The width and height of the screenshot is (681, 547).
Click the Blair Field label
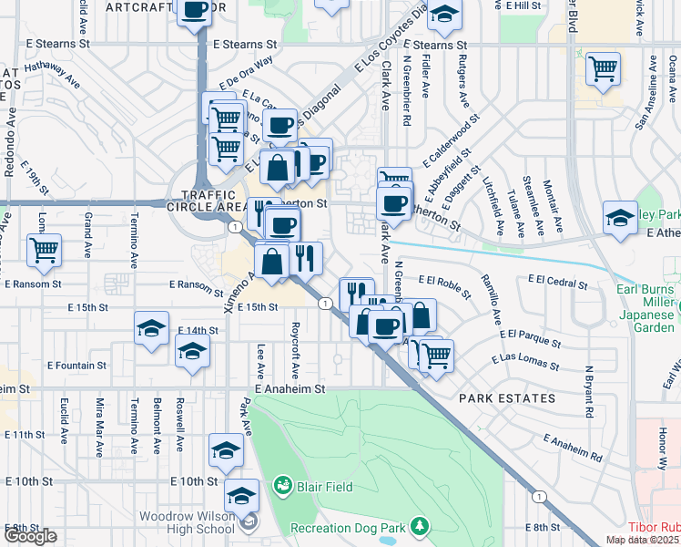(x=324, y=486)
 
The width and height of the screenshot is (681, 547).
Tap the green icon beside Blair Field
(x=282, y=485)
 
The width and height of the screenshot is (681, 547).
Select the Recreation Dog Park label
(x=348, y=528)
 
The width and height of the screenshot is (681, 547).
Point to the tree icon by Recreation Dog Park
(x=419, y=526)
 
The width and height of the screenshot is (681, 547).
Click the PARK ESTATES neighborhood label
(x=507, y=398)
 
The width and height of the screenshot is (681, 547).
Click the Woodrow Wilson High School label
(x=187, y=522)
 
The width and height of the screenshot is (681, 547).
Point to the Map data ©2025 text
(x=643, y=541)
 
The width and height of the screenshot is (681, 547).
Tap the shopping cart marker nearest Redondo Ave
(x=44, y=249)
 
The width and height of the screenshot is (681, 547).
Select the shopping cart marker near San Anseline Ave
(x=603, y=67)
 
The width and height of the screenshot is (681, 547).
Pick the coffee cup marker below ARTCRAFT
(x=196, y=12)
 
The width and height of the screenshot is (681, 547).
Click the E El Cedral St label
(x=554, y=281)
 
